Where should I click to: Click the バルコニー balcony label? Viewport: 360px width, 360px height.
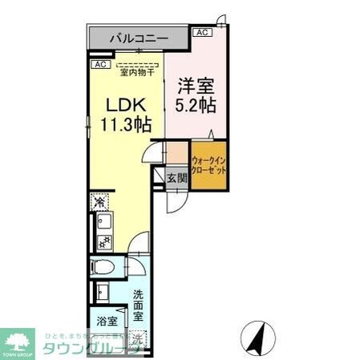point(135,38)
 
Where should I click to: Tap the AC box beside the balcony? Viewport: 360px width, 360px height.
point(202,32)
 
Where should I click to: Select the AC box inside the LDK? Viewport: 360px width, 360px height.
point(100,64)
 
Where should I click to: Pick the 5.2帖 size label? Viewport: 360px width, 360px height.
point(195,105)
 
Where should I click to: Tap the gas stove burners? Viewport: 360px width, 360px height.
point(102,240)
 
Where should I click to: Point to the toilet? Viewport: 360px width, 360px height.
point(103,268)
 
